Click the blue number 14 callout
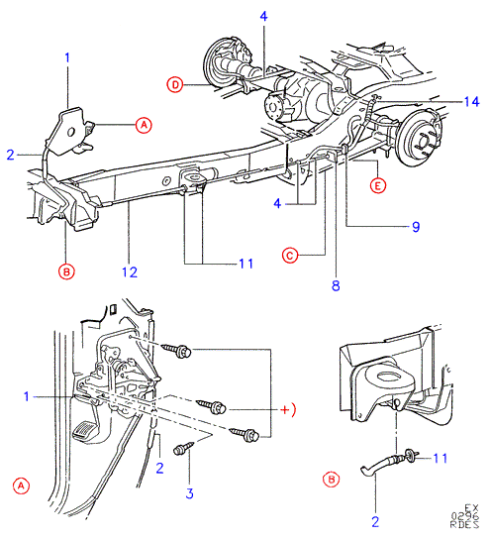coord(472,102)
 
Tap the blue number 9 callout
coord(416,227)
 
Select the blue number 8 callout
coord(336,285)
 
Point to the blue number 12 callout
coord(130,272)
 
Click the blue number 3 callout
coord(189,493)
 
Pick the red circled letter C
coord(290,256)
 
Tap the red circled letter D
coord(175,84)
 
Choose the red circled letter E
coord(378,186)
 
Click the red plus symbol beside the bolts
coord(285,410)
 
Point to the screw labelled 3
coord(184,448)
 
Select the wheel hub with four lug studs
coord(423,138)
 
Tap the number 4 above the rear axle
coord(263,16)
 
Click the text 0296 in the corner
coord(465,516)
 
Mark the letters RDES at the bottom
coord(464,524)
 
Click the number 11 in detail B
coord(440,458)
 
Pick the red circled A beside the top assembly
coord(144,125)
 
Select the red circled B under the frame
coord(66,271)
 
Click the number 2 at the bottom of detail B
coord(375,522)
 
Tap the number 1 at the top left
coord(67,57)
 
